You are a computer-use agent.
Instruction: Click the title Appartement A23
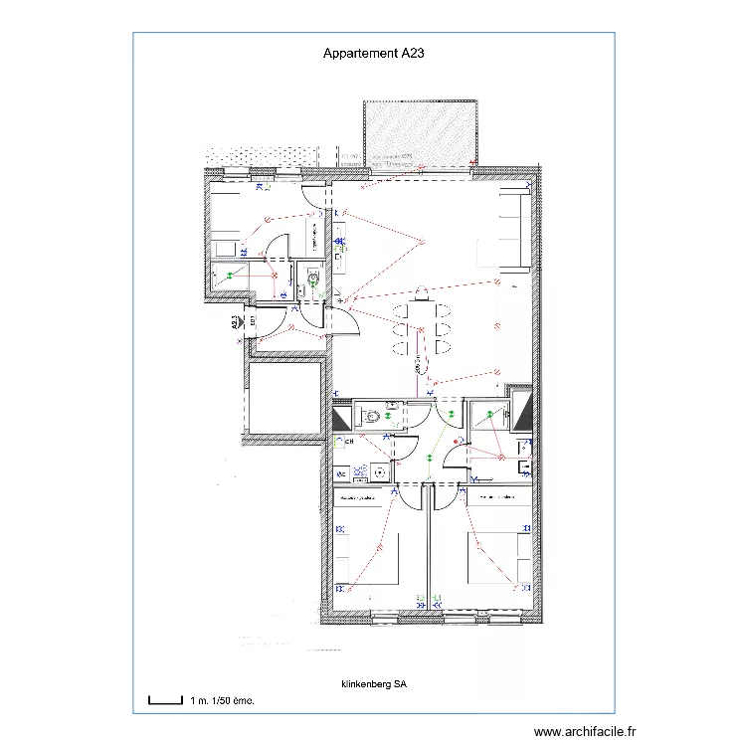click(x=373, y=56)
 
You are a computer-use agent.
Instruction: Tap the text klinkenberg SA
click(x=374, y=685)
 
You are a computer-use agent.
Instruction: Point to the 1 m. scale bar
click(x=165, y=700)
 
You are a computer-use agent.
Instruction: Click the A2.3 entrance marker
click(x=235, y=322)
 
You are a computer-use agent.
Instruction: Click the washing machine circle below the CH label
click(x=380, y=472)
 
